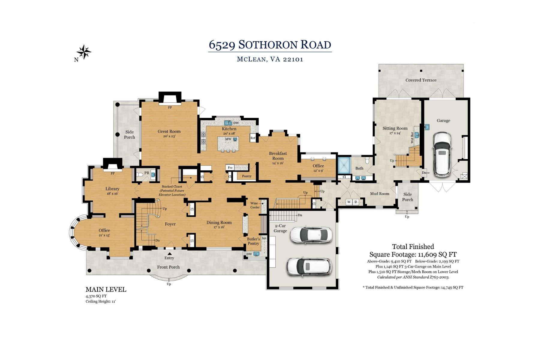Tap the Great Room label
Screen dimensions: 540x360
(x=169, y=131)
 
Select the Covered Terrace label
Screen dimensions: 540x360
(x=421, y=80)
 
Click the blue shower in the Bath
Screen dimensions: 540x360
(x=344, y=164)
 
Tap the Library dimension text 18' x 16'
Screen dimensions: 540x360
(x=112, y=193)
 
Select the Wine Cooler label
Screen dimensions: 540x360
(x=255, y=205)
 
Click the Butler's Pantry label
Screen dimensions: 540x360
(x=253, y=241)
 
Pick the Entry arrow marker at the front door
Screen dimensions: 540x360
(x=169, y=254)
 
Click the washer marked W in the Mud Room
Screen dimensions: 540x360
(x=349, y=202)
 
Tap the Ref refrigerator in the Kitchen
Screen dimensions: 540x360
(x=253, y=138)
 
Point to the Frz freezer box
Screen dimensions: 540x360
(x=230, y=168)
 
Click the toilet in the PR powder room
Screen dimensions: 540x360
(x=139, y=175)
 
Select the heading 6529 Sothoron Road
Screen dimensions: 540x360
(x=270, y=45)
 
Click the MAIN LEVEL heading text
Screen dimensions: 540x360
(x=106, y=289)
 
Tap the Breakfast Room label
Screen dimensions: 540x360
(x=278, y=156)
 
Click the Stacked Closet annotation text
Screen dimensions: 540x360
(x=172, y=187)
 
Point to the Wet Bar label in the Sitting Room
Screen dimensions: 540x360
(x=412, y=137)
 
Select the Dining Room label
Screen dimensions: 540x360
(x=219, y=222)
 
